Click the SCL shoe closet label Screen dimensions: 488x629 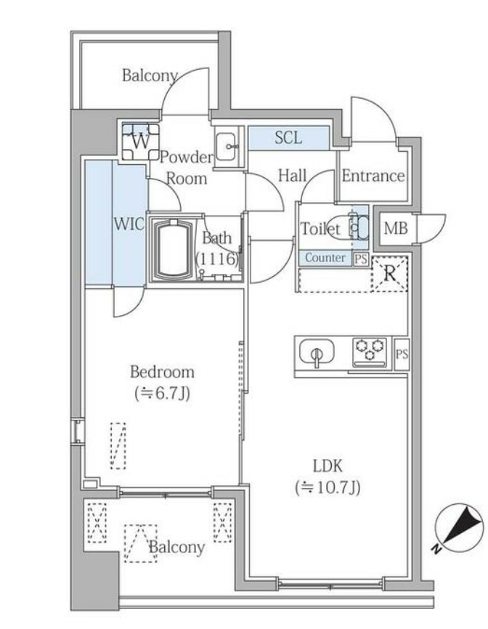click(x=288, y=138)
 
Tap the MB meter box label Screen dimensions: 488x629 click(x=395, y=228)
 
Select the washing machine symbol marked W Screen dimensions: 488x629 click(x=140, y=142)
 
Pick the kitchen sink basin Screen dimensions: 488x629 click(x=317, y=353)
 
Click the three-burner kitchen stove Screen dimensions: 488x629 click(x=370, y=352)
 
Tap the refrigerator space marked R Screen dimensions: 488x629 click(x=389, y=274)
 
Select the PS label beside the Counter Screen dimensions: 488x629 click(x=360, y=259)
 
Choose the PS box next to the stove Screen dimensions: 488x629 click(x=402, y=354)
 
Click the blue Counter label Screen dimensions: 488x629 click(x=325, y=258)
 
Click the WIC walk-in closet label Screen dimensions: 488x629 click(x=129, y=224)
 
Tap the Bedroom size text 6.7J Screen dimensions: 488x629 click(x=163, y=394)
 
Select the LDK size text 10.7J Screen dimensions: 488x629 click(x=328, y=487)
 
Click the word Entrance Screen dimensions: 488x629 click(x=373, y=176)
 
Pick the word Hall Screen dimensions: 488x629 click(x=292, y=175)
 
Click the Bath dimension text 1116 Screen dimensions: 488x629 click(x=217, y=259)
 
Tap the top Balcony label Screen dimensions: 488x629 click(x=150, y=75)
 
